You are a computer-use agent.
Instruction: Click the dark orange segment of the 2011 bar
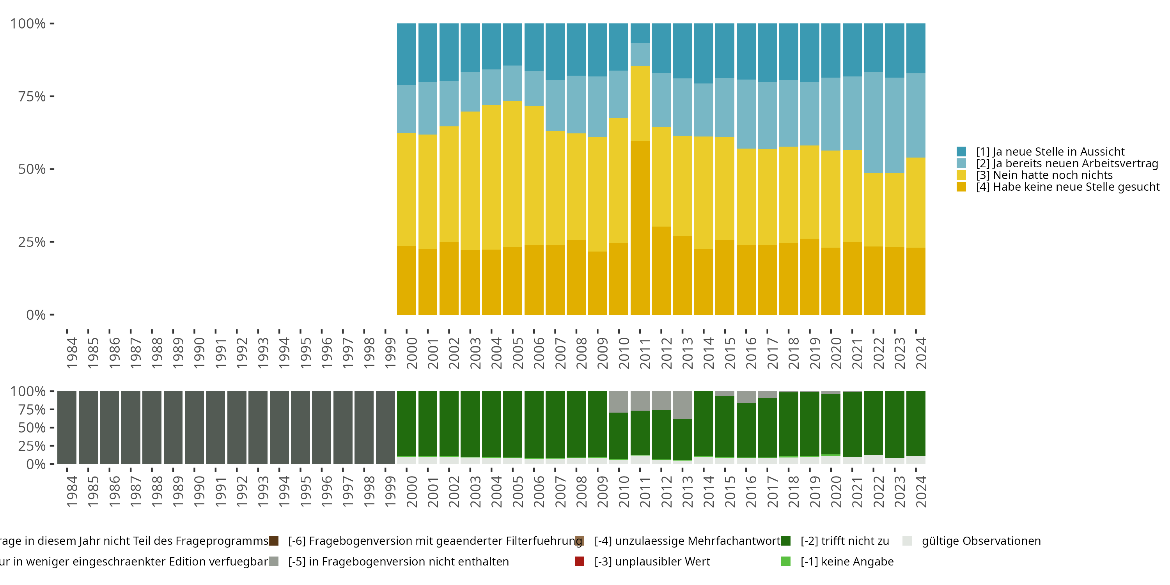click(640, 227)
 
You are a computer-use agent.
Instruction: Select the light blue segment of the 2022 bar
click(873, 122)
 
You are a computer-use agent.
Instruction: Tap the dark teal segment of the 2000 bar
click(406, 54)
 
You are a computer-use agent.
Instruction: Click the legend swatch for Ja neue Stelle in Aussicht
click(961, 152)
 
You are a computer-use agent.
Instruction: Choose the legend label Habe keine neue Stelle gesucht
click(1067, 187)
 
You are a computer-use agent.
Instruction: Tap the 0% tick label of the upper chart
click(36, 315)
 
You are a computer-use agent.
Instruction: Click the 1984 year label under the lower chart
click(72, 491)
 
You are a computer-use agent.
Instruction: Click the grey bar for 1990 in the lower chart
click(194, 427)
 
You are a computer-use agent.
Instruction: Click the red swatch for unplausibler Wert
click(579, 561)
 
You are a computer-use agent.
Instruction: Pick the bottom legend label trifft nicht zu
click(844, 541)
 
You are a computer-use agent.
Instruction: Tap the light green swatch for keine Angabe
click(785, 561)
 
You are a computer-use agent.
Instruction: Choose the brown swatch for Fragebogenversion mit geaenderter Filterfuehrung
click(273, 541)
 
